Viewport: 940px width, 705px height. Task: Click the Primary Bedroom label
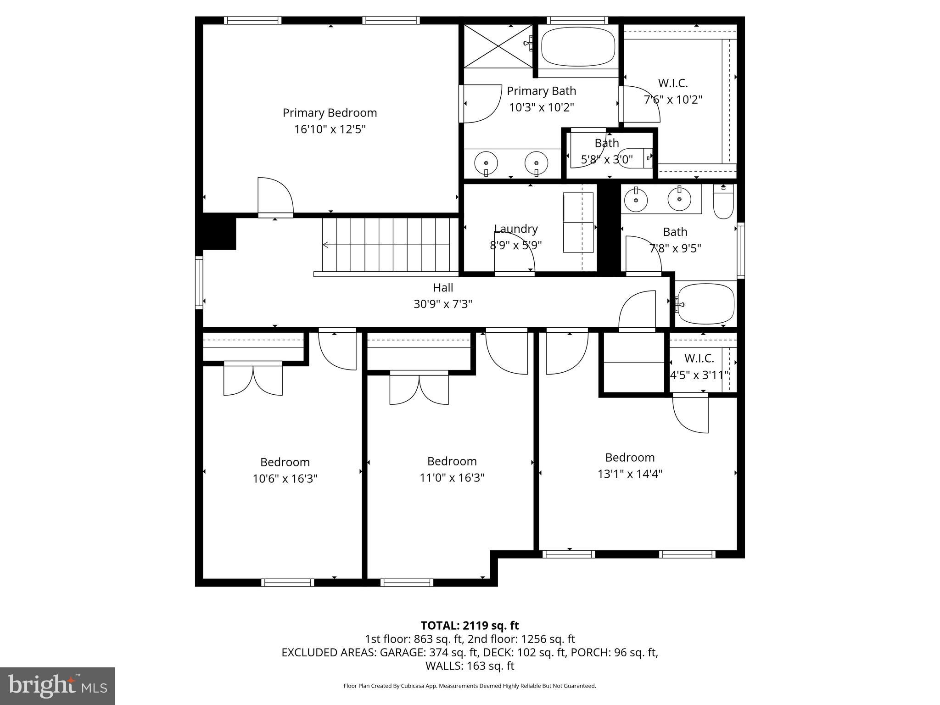(x=330, y=113)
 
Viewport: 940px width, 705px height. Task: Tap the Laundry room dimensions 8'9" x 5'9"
(x=515, y=245)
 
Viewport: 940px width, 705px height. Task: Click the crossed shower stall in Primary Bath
(x=498, y=46)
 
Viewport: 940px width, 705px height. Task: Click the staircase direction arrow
(x=326, y=245)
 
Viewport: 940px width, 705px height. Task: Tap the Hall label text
(x=443, y=288)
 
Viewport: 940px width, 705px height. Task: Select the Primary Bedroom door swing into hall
(x=274, y=196)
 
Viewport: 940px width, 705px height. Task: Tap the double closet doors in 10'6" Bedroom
(x=253, y=379)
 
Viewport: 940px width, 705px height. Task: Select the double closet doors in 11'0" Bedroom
(x=419, y=388)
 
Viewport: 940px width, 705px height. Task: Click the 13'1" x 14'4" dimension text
(x=630, y=474)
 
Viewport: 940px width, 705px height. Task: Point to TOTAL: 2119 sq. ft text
(x=470, y=626)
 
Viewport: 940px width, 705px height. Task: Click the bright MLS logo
(x=57, y=686)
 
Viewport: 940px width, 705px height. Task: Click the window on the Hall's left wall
(x=199, y=282)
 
